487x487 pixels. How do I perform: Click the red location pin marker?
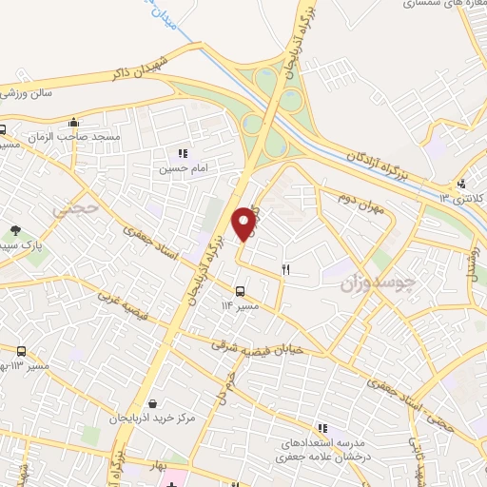[x=244, y=223]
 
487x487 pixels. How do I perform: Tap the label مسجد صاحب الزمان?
[x=88, y=137]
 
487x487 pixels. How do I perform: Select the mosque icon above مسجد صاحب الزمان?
[x=74, y=122]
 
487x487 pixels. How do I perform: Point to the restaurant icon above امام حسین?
[x=183, y=153]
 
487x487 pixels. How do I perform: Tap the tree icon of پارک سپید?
[x=15, y=229]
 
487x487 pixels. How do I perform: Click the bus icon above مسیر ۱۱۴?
[x=239, y=291]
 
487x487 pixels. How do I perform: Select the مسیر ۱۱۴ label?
[x=240, y=305]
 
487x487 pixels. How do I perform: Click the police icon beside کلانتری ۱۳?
[x=461, y=184]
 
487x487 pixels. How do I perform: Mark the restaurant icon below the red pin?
[x=285, y=270]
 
